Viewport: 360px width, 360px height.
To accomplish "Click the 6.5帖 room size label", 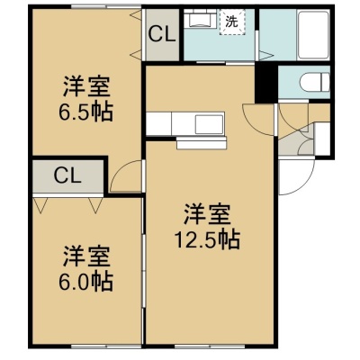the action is (85, 112).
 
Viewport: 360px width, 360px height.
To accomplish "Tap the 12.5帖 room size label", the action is (207, 239).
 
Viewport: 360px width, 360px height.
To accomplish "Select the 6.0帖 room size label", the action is (85, 281).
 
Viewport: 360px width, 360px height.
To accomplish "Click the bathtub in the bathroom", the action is (313, 35).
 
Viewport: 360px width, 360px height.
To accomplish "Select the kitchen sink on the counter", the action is (209, 123).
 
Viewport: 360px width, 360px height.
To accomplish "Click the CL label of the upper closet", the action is (162, 35).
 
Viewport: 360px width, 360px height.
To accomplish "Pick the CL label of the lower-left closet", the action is (67, 176).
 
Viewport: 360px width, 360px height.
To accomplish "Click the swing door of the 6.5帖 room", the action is (126, 175).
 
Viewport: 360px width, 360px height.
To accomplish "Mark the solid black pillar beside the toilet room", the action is (266, 82).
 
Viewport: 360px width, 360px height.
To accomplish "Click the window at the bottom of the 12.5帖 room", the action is (210, 345).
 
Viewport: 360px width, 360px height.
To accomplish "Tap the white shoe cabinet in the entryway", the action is (321, 138).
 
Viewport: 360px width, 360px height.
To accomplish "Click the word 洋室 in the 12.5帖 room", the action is (207, 215).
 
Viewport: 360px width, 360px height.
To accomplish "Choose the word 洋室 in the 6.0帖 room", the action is (85, 256).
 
